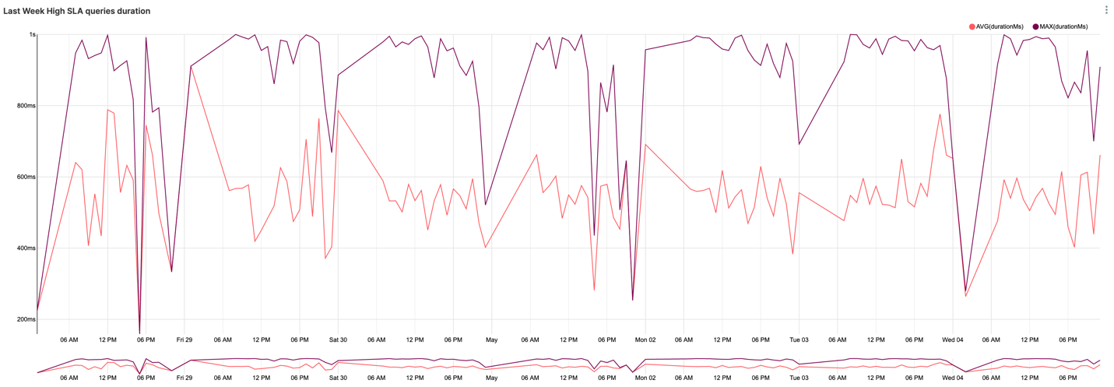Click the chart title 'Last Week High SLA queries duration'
pos(77,11)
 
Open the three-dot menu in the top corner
pos(1106,10)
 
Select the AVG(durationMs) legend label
pos(1000,26)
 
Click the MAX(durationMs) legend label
pos(1064,26)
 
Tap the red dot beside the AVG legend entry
pos(972,26)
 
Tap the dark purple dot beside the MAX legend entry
pos(1036,26)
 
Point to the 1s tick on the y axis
pos(33,34)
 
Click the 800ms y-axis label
pos(26,106)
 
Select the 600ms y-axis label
pos(26,177)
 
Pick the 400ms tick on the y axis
pos(26,248)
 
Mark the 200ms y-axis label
pos(26,319)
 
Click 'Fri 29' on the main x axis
pos(184,340)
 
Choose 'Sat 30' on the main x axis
pos(338,340)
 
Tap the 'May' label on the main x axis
pos(491,340)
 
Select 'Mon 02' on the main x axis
pos(645,340)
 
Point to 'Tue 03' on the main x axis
pos(799,340)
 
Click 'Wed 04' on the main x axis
pos(953,340)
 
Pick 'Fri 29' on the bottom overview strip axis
pos(184,378)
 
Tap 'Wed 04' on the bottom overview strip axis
pos(953,378)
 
